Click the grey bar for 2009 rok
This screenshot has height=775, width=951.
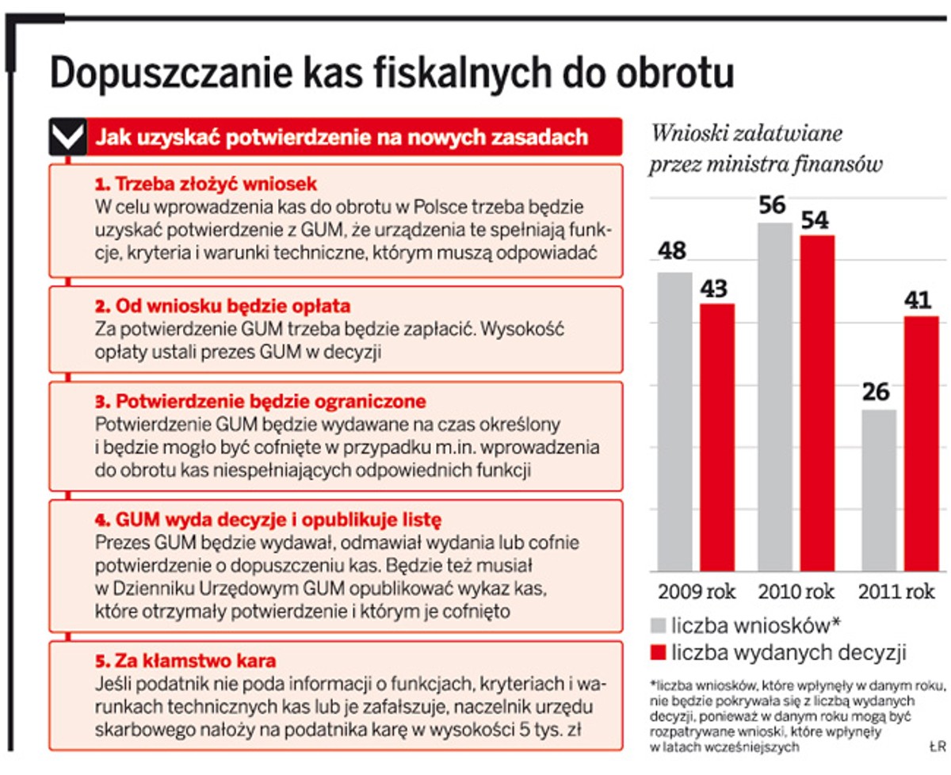(674, 420)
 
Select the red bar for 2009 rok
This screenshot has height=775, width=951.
(716, 436)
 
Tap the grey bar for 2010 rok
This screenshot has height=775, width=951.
(774, 396)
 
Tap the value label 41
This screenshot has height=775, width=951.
(919, 300)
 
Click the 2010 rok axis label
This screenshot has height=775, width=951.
(796, 592)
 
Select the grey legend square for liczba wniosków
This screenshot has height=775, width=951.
(659, 626)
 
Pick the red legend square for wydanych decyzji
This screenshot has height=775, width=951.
(659, 653)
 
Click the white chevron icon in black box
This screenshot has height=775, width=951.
(67, 137)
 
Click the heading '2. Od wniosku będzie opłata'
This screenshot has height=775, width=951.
(222, 306)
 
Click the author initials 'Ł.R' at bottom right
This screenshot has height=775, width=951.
(937, 746)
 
